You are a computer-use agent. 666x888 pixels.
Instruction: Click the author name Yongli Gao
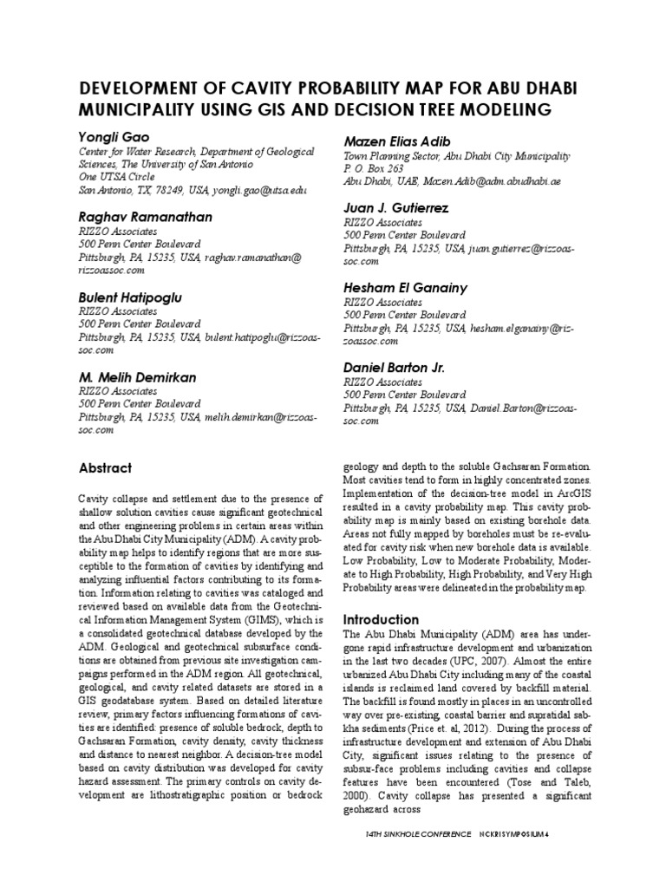pyautogui.click(x=113, y=136)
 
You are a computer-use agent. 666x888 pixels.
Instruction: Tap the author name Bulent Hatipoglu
pyautogui.click(x=131, y=297)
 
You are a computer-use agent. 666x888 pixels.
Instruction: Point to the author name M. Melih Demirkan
pyautogui.click(x=137, y=377)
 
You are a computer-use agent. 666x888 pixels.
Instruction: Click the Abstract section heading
pyautogui.click(x=105, y=467)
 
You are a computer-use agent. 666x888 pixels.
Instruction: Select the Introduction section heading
pyautogui.click(x=382, y=620)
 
